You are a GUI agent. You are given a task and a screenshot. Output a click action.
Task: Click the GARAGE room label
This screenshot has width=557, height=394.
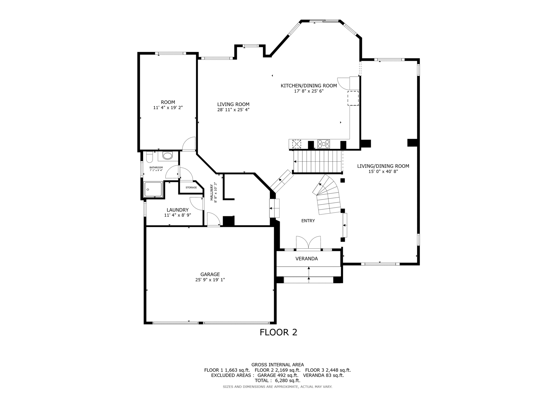coord(210,274)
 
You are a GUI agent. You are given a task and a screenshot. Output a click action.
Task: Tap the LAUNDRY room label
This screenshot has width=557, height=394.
coord(178,210)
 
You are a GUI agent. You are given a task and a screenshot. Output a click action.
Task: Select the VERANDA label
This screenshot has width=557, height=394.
coord(307,259)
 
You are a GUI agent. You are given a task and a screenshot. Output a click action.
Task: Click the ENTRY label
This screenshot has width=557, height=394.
coord(308,221)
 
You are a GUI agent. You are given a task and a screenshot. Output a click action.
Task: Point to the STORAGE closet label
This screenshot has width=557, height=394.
coord(191,187)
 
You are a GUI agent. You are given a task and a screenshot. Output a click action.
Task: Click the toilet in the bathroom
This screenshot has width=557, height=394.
coord(149,157)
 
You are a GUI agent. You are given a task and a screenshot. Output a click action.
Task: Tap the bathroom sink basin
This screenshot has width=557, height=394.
coord(167,156)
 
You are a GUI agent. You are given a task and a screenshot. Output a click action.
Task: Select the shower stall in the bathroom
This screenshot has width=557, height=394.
coord(153,189)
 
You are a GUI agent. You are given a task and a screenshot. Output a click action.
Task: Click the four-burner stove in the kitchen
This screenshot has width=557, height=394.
coord(323,144)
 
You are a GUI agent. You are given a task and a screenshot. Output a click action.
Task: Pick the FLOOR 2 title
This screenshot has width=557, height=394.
coord(278,332)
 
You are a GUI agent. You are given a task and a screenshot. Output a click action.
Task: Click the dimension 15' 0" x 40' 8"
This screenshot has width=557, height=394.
coord(383,171)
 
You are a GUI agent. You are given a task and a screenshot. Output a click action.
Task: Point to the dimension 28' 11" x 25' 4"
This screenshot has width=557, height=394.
coord(233,110)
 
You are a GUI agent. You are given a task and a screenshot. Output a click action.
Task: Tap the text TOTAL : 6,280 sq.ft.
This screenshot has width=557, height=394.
coord(278,380)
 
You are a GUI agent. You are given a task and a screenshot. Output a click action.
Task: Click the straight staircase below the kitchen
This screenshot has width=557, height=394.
coord(318,162)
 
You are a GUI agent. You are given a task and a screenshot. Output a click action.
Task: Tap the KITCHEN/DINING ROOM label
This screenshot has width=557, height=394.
coord(309,86)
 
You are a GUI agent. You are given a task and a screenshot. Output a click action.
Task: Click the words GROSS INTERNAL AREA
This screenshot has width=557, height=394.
coord(278,365)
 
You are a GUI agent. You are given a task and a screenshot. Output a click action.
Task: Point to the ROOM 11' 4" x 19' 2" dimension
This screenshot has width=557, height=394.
coord(168,108)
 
